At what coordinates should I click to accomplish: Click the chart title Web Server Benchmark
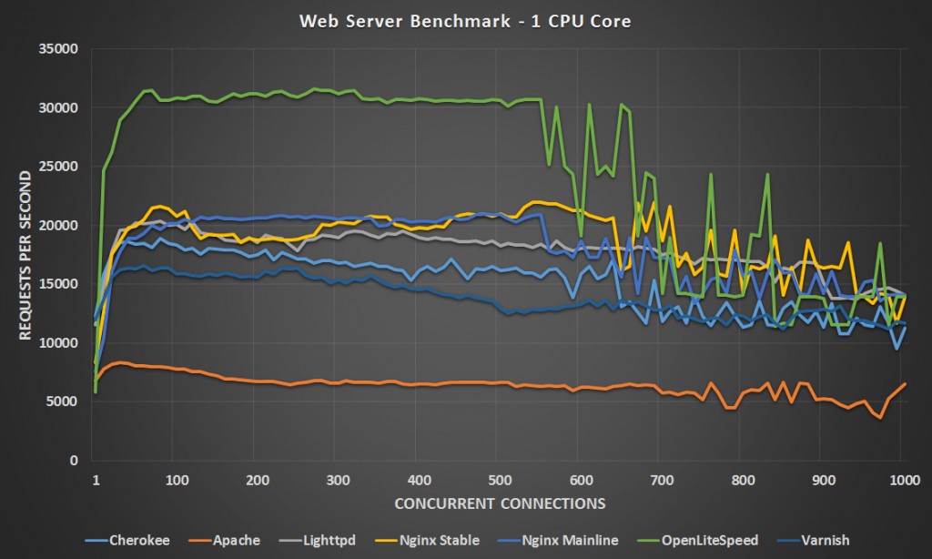point(465,21)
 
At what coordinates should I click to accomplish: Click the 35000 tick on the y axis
point(61,48)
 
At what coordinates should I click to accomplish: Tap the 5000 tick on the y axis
point(65,401)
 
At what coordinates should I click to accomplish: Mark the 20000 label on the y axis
point(61,225)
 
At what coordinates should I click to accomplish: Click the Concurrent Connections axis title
point(500,503)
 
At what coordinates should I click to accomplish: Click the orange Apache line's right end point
point(905,383)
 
